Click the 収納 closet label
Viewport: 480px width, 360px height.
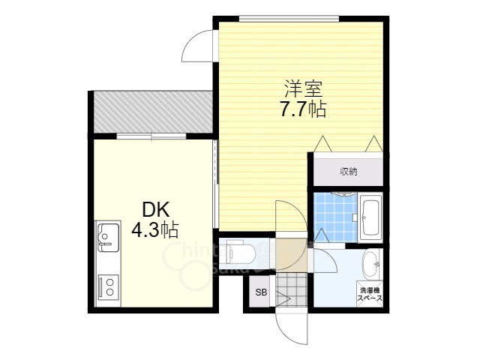pos(349,171)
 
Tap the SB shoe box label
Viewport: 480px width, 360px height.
pos(260,292)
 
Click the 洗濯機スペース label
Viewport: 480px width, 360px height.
pos(370,293)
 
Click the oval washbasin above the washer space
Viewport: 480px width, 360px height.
pos(371,263)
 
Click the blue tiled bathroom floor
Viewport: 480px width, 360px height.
pos(334,217)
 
